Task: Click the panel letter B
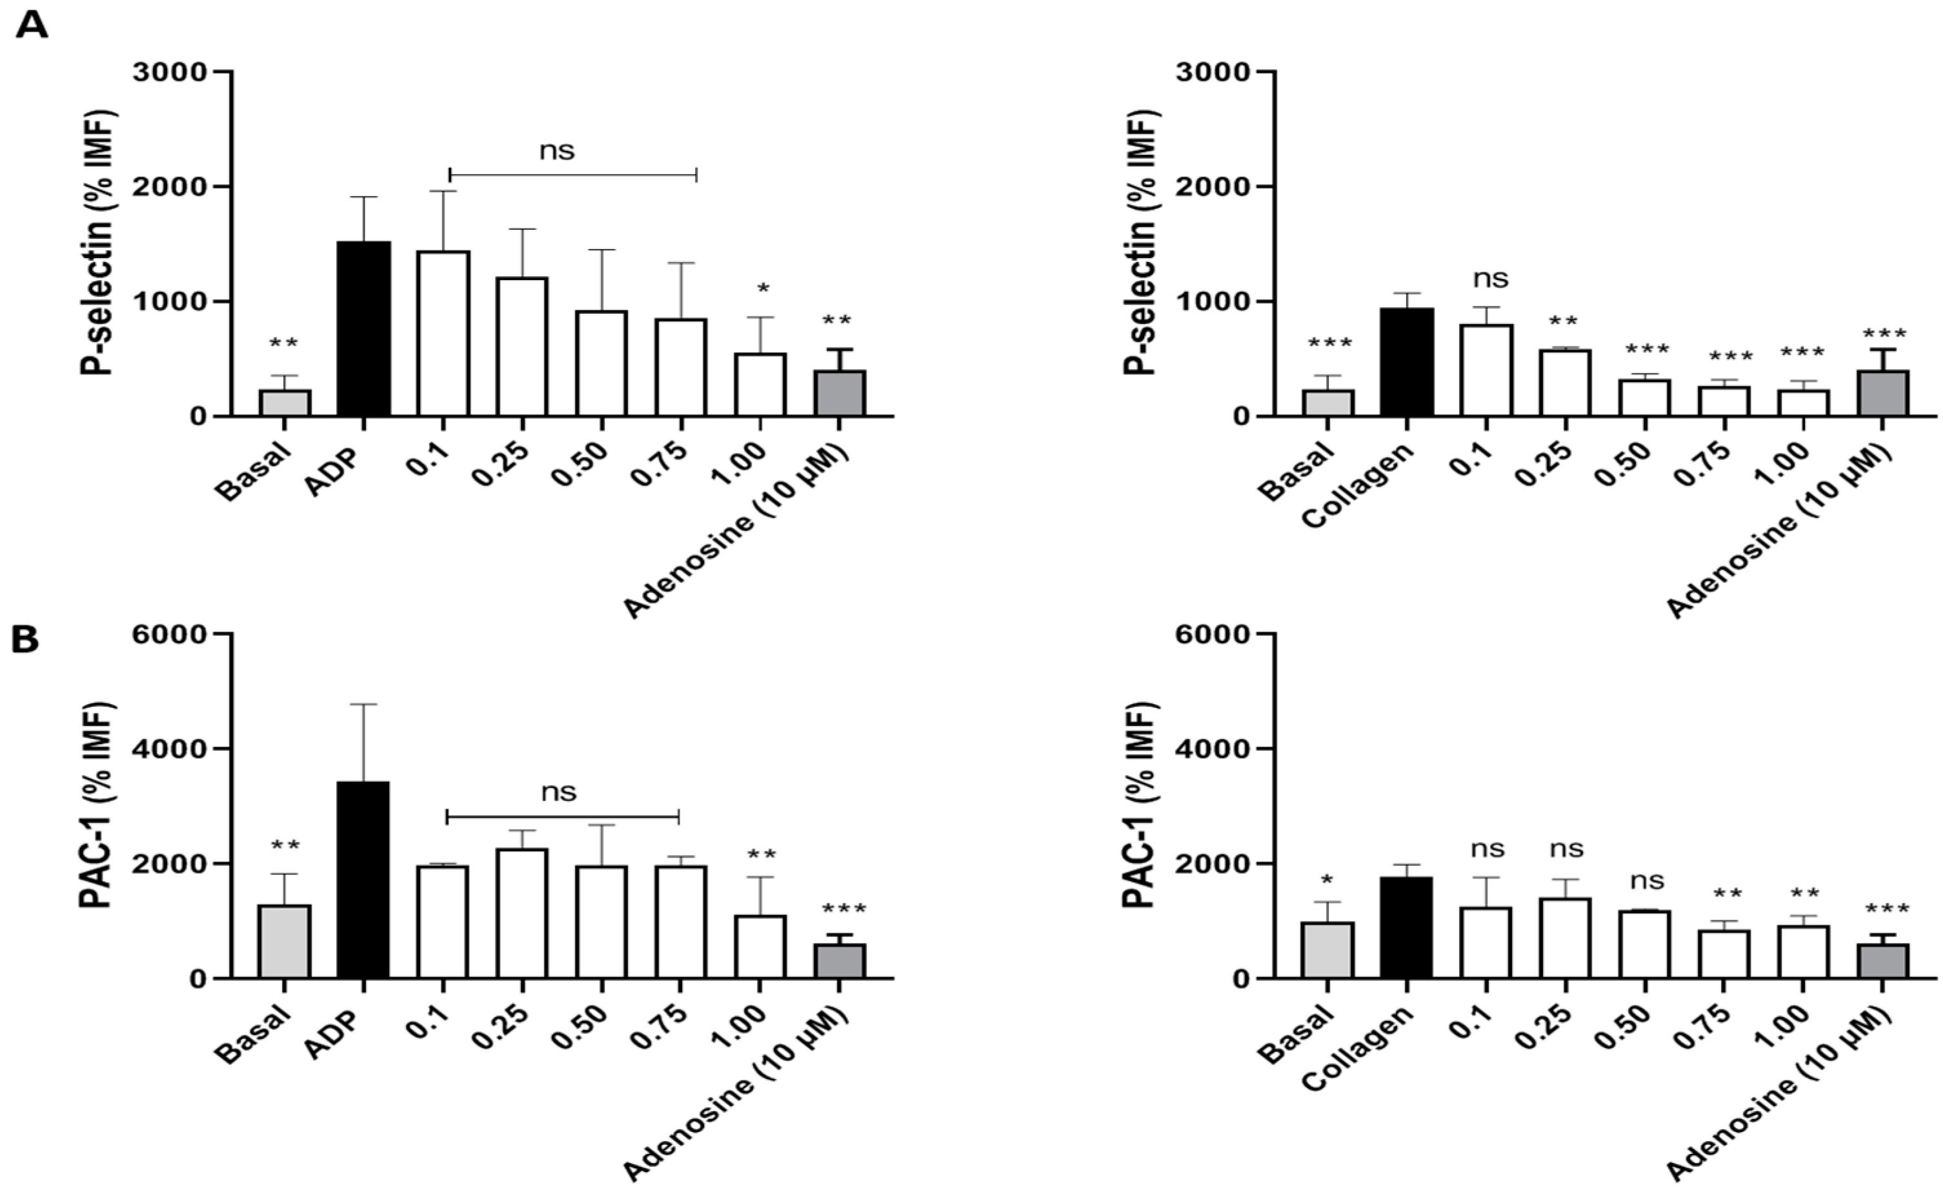(x=25, y=640)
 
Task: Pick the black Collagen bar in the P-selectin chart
(x=1406, y=362)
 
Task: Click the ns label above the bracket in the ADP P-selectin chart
(x=557, y=150)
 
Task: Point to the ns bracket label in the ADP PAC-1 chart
(x=558, y=791)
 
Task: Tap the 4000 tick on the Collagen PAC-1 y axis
(x=1211, y=749)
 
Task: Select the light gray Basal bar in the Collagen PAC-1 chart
(x=1327, y=950)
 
